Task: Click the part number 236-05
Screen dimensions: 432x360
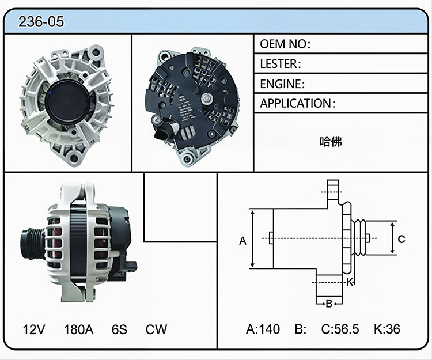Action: point(41,21)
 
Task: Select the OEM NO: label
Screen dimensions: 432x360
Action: point(285,44)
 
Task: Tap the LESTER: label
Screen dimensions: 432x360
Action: point(281,64)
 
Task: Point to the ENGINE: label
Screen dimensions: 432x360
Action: point(282,84)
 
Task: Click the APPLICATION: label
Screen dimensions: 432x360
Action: point(298,104)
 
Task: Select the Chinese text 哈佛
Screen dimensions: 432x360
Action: point(331,142)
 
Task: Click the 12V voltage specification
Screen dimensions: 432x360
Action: point(34,329)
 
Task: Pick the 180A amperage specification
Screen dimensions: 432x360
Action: point(78,329)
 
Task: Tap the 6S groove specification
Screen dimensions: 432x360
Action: point(119,329)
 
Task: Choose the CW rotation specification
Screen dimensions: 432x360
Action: point(156,329)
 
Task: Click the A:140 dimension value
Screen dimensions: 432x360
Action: point(263,329)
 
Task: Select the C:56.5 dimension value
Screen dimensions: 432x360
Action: point(340,329)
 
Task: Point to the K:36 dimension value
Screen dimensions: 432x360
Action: point(387,329)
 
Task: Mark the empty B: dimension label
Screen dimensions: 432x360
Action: point(301,329)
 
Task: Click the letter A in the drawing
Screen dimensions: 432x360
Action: point(242,241)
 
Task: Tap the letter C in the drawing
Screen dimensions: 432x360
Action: point(401,239)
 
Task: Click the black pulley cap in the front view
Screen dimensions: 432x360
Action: point(67,103)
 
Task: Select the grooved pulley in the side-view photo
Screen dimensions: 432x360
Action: point(32,244)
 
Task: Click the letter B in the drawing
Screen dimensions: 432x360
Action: point(329,304)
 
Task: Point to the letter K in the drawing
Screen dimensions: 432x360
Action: point(350,282)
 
